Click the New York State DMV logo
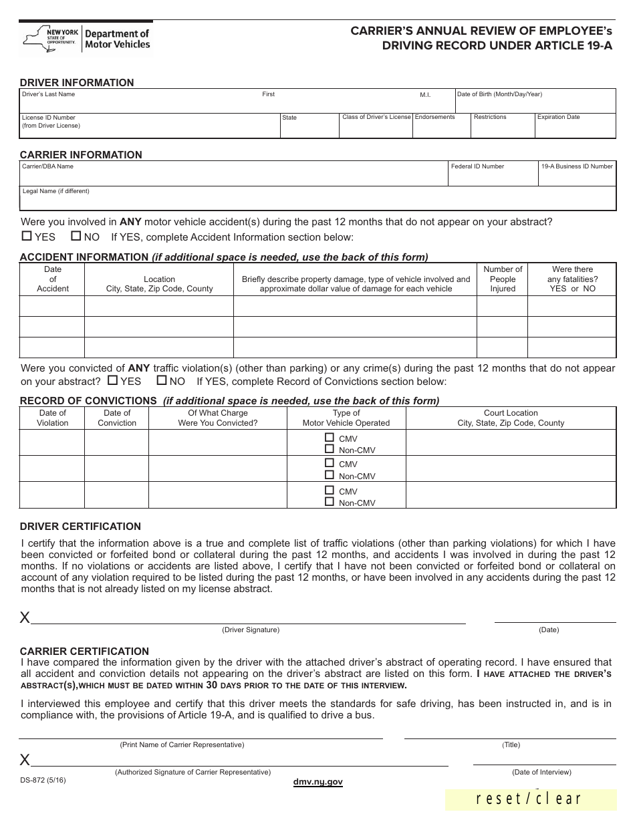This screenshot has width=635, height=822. [x=86, y=38]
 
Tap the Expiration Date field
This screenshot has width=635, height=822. [x=575, y=128]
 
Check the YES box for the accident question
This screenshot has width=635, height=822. [x=27, y=236]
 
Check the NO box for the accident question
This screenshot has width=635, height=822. [x=76, y=236]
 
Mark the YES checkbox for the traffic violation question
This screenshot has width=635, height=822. [x=112, y=380]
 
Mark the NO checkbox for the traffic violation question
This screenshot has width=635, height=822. [x=161, y=380]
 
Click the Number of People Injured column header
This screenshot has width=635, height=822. [x=503, y=279]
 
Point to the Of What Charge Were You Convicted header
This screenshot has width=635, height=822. [x=217, y=418]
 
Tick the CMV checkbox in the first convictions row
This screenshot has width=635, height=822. [x=329, y=438]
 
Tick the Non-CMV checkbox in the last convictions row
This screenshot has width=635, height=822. [x=329, y=502]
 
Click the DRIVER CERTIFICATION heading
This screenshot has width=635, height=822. [x=80, y=527]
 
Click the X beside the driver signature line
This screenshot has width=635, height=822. [x=25, y=618]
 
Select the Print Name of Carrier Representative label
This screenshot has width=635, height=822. [x=182, y=744]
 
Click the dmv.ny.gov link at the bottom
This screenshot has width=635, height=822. [x=317, y=782]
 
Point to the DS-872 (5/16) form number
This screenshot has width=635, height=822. [x=43, y=780]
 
